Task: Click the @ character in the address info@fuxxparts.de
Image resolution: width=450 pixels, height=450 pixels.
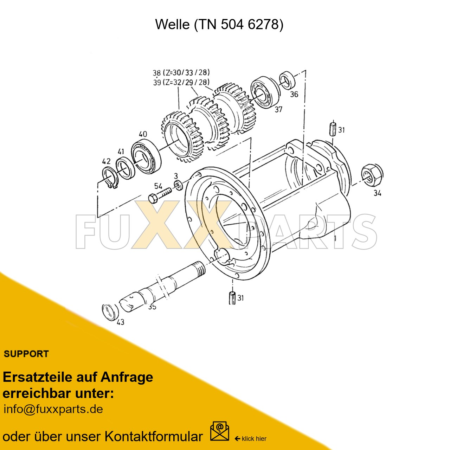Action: pos(29,409)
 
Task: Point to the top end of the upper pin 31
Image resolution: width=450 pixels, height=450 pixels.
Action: pos(333,122)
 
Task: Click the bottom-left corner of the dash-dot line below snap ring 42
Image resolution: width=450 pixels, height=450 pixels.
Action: pos(98,217)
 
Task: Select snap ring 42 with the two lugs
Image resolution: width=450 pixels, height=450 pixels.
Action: pos(110,178)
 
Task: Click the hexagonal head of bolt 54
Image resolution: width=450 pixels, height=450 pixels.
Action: pos(153,198)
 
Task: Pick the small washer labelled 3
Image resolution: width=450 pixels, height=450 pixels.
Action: pos(179,185)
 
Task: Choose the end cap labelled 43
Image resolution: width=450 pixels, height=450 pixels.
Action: pos(110,313)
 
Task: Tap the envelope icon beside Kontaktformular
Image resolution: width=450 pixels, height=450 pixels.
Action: pos(219,431)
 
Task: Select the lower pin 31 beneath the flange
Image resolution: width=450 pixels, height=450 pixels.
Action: pos(232,298)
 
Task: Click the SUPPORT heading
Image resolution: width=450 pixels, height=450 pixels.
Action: pos(26,354)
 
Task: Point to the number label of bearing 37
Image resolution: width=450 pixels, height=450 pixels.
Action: pos(278,109)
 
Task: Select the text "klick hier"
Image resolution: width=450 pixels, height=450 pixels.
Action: pos(254,439)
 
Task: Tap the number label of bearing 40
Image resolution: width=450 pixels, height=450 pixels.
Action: pos(143,134)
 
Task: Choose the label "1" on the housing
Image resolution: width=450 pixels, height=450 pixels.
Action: pos(335,238)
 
